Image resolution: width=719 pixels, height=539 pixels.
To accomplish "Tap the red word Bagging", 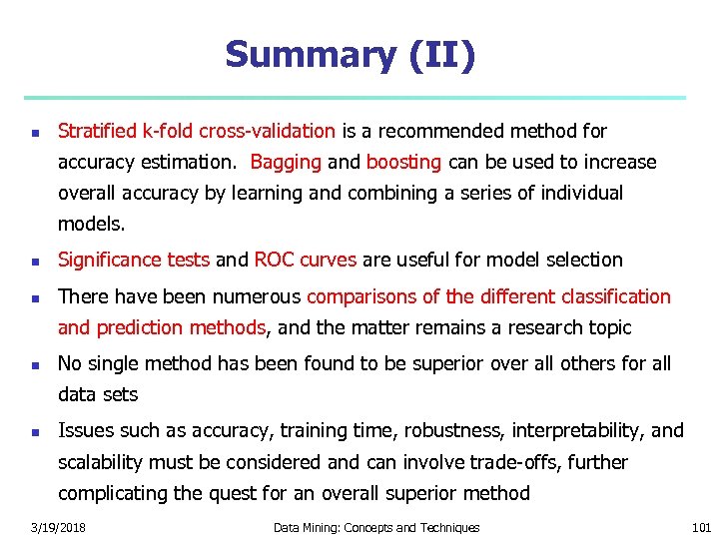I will click(286, 162).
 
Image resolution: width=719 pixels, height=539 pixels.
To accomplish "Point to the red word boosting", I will click(403, 162).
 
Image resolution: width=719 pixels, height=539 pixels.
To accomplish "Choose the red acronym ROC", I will click(275, 260).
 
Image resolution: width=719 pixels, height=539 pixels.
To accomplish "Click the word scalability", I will click(101, 462).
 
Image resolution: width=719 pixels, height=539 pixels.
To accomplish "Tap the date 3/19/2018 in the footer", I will click(58, 527).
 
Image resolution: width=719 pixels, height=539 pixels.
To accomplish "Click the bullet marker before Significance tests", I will click(34, 262).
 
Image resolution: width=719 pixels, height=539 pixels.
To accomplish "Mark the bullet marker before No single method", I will click(34, 365).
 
